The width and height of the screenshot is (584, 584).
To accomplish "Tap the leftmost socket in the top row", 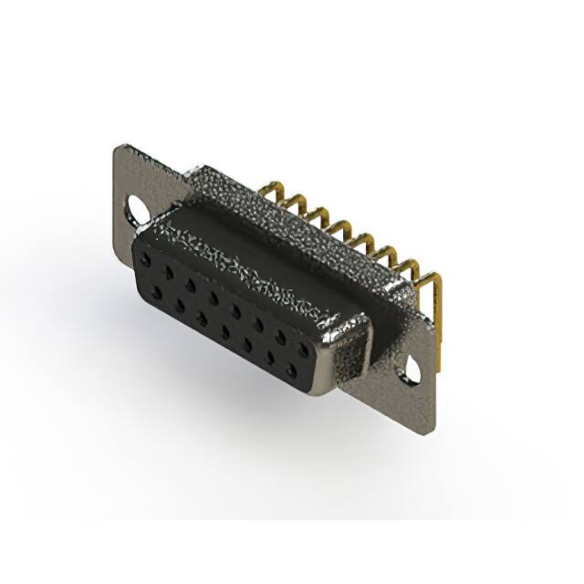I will point(145,260).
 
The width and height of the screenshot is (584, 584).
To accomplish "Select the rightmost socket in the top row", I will point(303,349).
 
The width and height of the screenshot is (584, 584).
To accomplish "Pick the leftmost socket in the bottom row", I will point(157,293).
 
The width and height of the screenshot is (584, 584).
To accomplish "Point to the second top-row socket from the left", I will point(169,272).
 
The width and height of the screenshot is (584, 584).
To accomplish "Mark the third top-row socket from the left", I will point(191,286).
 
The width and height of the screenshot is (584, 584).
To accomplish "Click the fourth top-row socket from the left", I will point(214,298).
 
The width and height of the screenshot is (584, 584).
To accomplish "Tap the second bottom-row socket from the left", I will point(180,306).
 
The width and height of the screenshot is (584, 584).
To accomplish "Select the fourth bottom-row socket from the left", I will point(224,332).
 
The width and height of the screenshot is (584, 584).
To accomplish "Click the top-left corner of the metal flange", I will point(117,147).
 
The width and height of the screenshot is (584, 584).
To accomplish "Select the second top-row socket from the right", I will point(280,337).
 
